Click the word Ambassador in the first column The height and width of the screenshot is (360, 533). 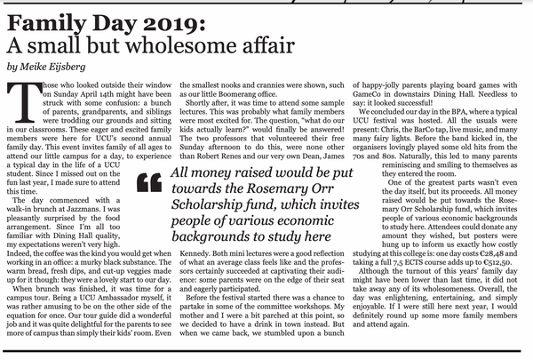coord(112,299)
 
